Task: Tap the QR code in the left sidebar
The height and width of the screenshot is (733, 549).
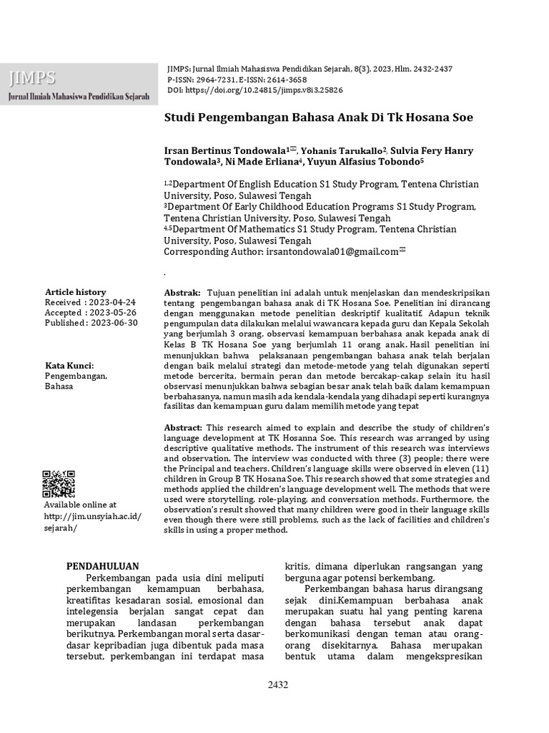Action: coord(59,484)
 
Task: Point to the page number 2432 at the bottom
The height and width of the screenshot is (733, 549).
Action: coord(278,685)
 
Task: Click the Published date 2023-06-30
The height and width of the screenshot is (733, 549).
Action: coord(114,323)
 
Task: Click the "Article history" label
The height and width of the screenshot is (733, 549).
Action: coord(75,293)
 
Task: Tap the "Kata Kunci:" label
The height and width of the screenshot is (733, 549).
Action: coord(69,366)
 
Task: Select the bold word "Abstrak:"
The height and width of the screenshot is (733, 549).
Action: coord(183,293)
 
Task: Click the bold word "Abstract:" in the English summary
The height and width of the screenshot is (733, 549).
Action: coord(184,427)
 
